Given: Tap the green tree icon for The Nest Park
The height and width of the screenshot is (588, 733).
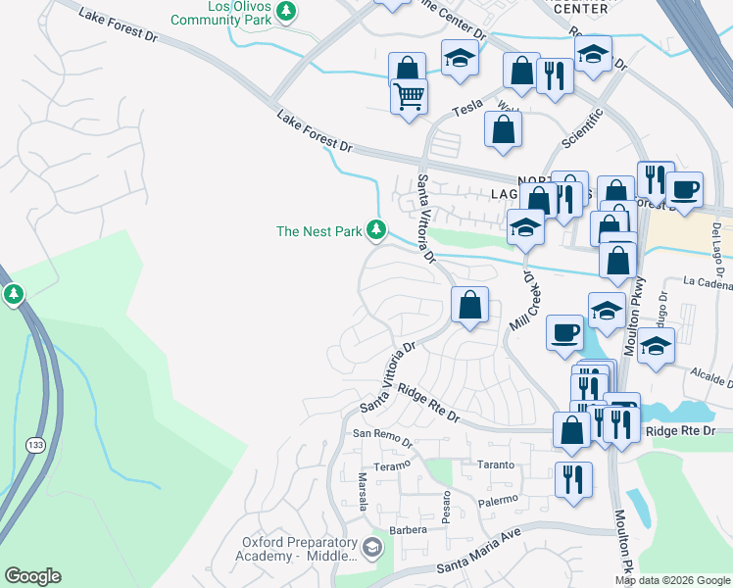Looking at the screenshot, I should (x=376, y=230).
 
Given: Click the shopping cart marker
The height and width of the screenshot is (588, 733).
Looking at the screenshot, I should (x=409, y=96).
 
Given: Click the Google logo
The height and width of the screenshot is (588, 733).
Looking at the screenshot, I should (x=32, y=576).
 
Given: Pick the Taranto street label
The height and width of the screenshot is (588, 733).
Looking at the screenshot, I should (x=495, y=464).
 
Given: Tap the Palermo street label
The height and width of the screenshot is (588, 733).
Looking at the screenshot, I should (x=498, y=501).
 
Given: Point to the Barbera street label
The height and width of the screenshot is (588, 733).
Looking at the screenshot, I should (x=409, y=529).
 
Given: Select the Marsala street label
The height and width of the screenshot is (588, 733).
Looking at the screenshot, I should (x=362, y=491).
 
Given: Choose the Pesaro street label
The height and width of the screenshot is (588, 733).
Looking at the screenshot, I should (x=447, y=510).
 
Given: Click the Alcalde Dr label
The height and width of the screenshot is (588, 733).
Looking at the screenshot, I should (x=711, y=377).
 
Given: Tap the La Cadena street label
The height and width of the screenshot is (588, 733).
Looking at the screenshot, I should (x=709, y=285).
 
